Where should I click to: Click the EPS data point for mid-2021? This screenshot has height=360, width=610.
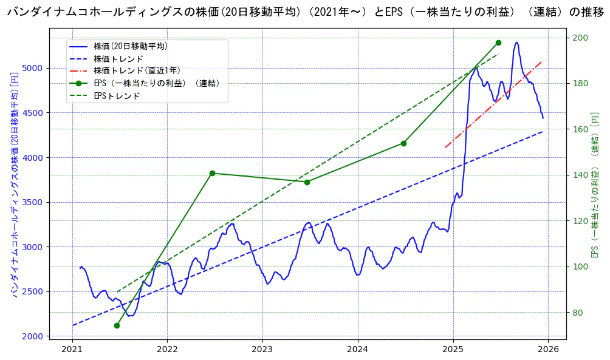(117, 325)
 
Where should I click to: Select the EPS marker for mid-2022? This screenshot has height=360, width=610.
(212, 173)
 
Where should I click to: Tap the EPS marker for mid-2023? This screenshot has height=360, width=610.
(307, 182)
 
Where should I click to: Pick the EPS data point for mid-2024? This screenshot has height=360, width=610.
(403, 143)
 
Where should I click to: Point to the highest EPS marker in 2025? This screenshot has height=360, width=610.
(498, 42)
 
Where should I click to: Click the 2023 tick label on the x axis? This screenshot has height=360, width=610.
(262, 349)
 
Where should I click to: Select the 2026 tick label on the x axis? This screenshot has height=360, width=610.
(548, 349)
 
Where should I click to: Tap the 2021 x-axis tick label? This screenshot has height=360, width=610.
(72, 349)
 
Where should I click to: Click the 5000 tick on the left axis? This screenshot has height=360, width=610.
(36, 68)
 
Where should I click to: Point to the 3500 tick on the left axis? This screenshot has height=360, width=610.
(36, 202)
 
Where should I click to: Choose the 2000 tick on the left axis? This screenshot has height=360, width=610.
(36, 336)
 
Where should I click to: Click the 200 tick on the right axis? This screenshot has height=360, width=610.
(579, 38)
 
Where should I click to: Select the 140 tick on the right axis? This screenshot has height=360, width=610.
(579, 175)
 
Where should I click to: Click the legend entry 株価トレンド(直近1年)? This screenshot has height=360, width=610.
(137, 70)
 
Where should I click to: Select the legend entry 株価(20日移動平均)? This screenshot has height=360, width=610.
(131, 46)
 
